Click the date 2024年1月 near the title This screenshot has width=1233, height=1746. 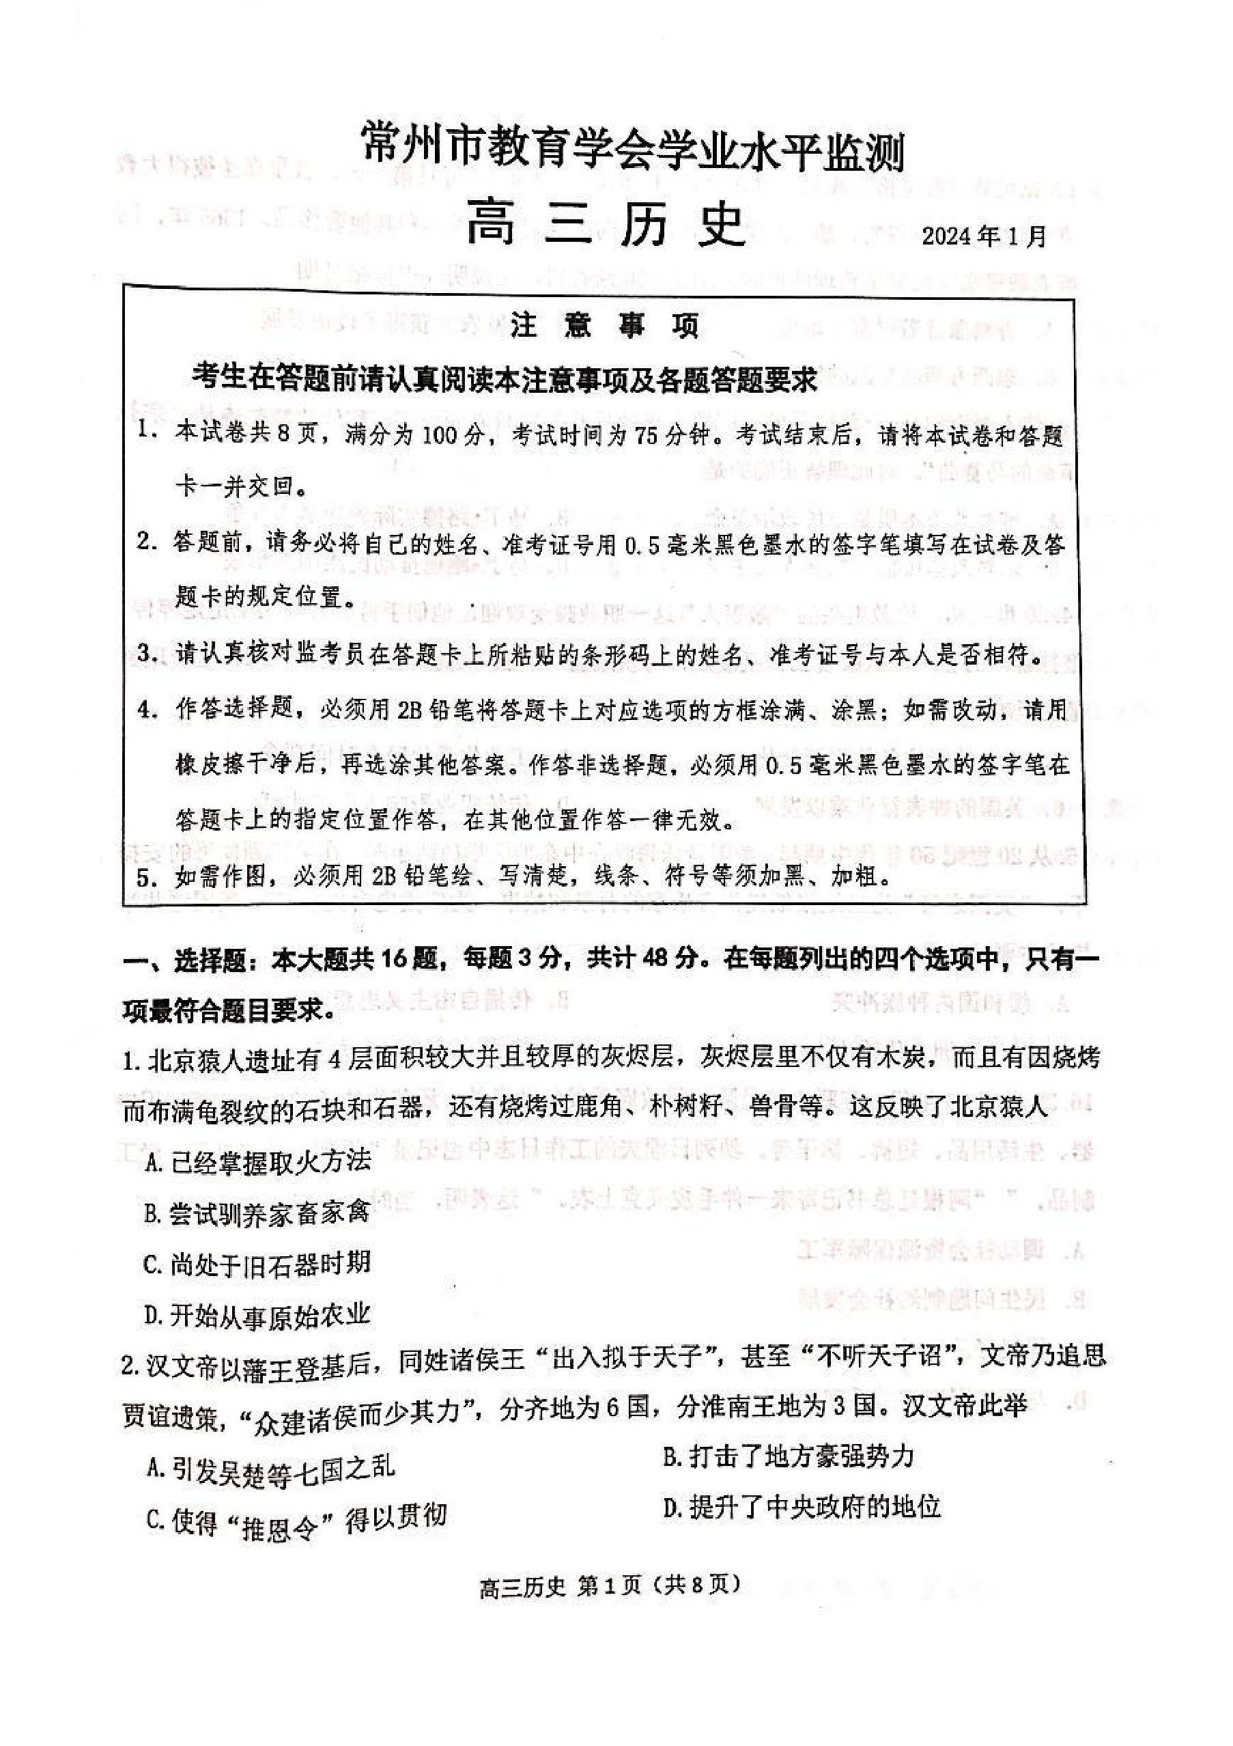click(x=984, y=236)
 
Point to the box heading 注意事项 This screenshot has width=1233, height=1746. click(x=604, y=327)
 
